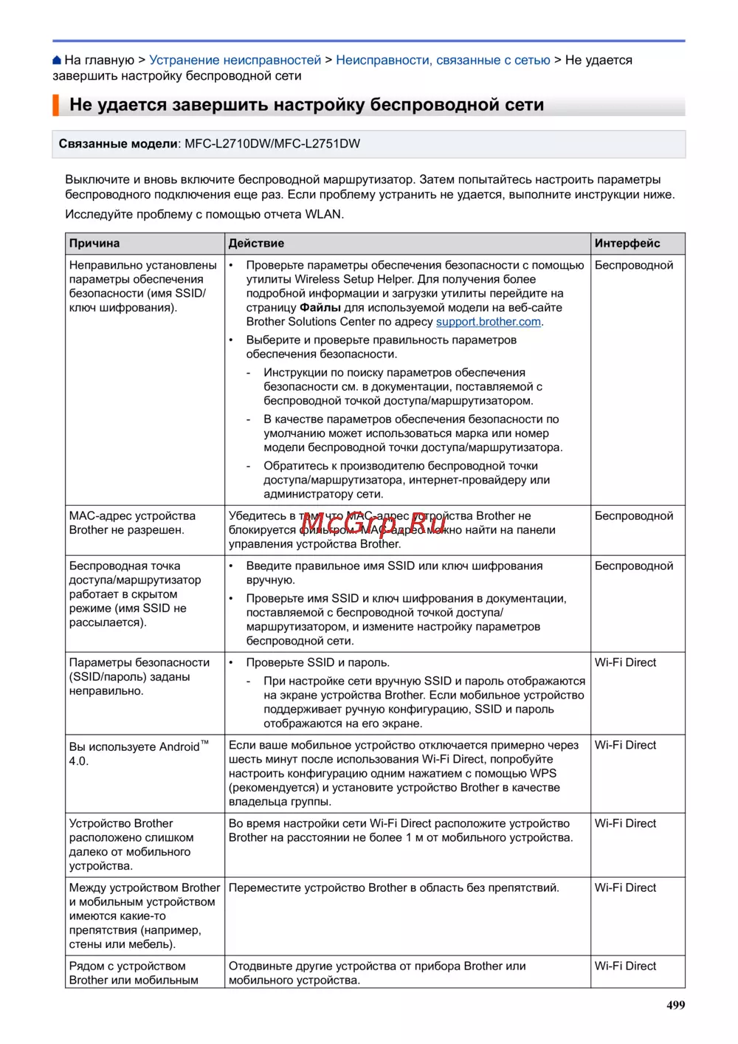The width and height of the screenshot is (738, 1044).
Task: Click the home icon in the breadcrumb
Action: [57, 61]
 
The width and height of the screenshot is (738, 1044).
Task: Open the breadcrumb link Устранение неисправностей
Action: [235, 61]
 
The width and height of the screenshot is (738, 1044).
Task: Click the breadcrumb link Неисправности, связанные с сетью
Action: [443, 61]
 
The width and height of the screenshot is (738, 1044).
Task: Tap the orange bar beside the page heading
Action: [55, 105]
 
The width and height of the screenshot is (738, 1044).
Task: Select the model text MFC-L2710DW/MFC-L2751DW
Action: [272, 144]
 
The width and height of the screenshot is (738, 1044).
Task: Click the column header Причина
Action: [94, 244]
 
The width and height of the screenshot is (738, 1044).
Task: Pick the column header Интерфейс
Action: [627, 244]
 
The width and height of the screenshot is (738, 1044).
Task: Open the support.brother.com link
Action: [489, 322]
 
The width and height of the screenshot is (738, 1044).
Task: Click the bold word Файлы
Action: [320, 308]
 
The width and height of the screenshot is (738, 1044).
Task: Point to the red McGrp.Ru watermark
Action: [373, 523]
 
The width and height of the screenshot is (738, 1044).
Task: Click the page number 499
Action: [675, 1005]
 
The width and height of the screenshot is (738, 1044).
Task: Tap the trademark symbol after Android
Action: [204, 743]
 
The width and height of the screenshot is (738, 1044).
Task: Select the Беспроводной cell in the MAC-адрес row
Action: [634, 516]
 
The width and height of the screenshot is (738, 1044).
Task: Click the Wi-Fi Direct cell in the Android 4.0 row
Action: [625, 746]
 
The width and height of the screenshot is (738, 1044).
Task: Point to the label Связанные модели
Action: [118, 144]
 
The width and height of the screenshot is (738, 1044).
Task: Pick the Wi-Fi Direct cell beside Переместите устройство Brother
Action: [625, 888]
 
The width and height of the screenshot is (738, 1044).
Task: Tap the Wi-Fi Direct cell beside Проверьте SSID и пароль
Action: [625, 663]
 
